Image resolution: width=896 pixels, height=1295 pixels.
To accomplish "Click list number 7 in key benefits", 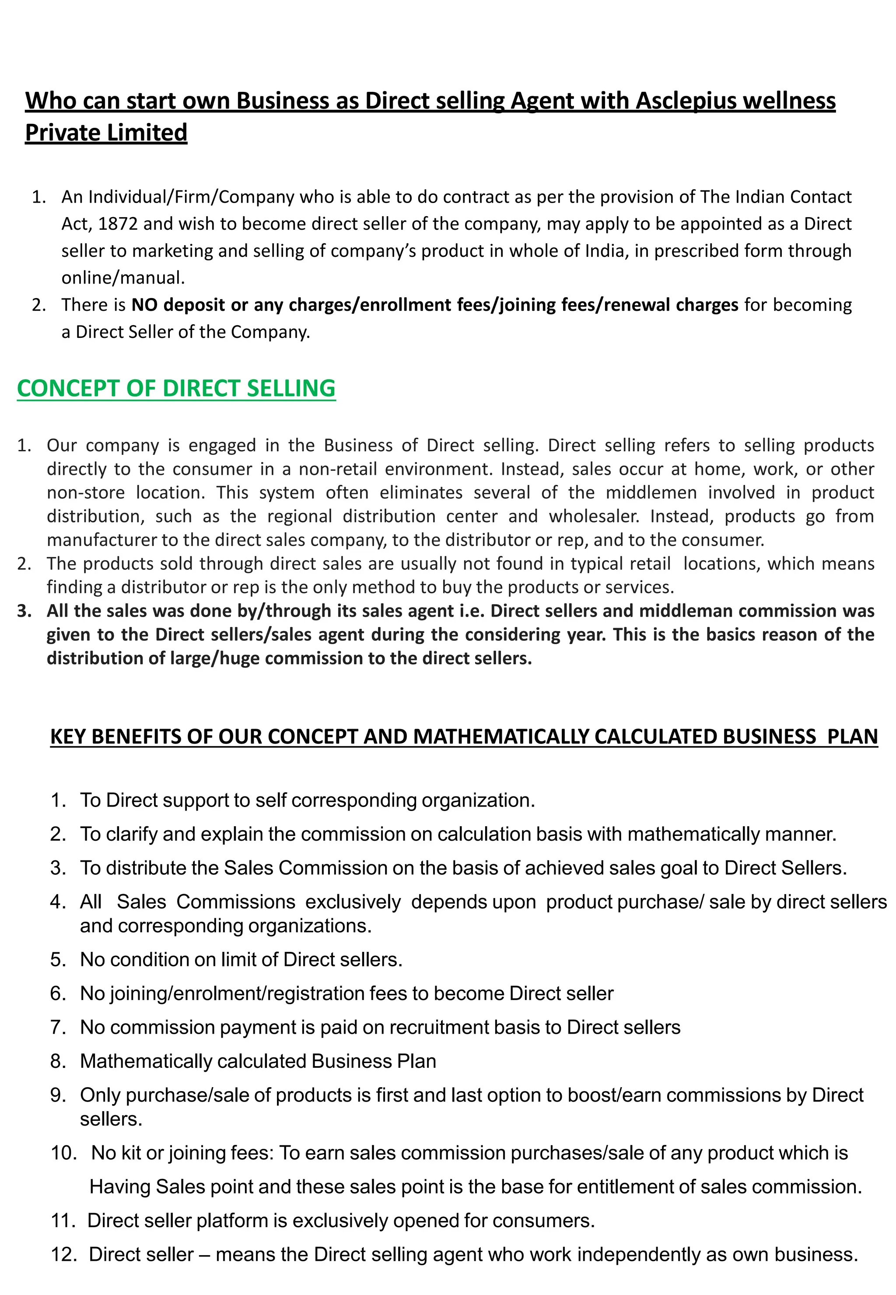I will (58, 1028).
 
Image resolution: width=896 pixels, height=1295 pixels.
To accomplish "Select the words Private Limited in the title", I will (106, 133).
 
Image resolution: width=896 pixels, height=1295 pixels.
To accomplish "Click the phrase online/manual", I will (123, 278).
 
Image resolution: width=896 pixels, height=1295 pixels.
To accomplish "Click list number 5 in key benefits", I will (58, 960).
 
